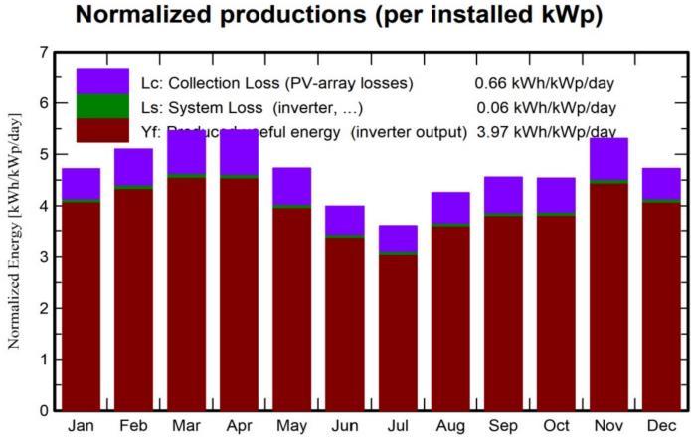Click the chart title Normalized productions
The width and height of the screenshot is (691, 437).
coord(344,17)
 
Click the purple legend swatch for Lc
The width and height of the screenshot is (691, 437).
coord(102,81)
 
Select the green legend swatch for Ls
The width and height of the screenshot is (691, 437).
coord(102,106)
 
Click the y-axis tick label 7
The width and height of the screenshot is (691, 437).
coord(42,52)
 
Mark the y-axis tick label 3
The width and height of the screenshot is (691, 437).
coord(42,257)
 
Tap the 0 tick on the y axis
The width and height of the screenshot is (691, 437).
coord(42,410)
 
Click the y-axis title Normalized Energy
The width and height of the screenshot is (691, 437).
coord(15,229)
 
